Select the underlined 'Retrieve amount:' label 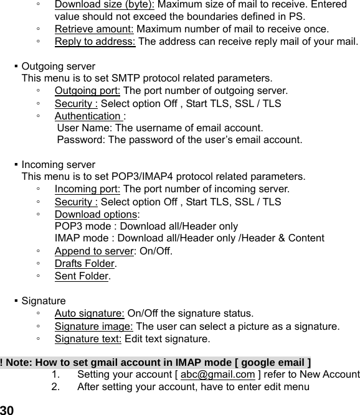94,29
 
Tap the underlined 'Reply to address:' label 95,42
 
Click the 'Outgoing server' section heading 59,66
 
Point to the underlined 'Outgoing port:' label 88,91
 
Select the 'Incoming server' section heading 59,165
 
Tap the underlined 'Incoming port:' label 88,189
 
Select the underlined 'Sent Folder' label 82,276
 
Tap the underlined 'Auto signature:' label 90,313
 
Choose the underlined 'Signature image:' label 94,326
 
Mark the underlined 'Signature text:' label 88,339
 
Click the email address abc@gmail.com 217,375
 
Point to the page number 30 7,410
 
